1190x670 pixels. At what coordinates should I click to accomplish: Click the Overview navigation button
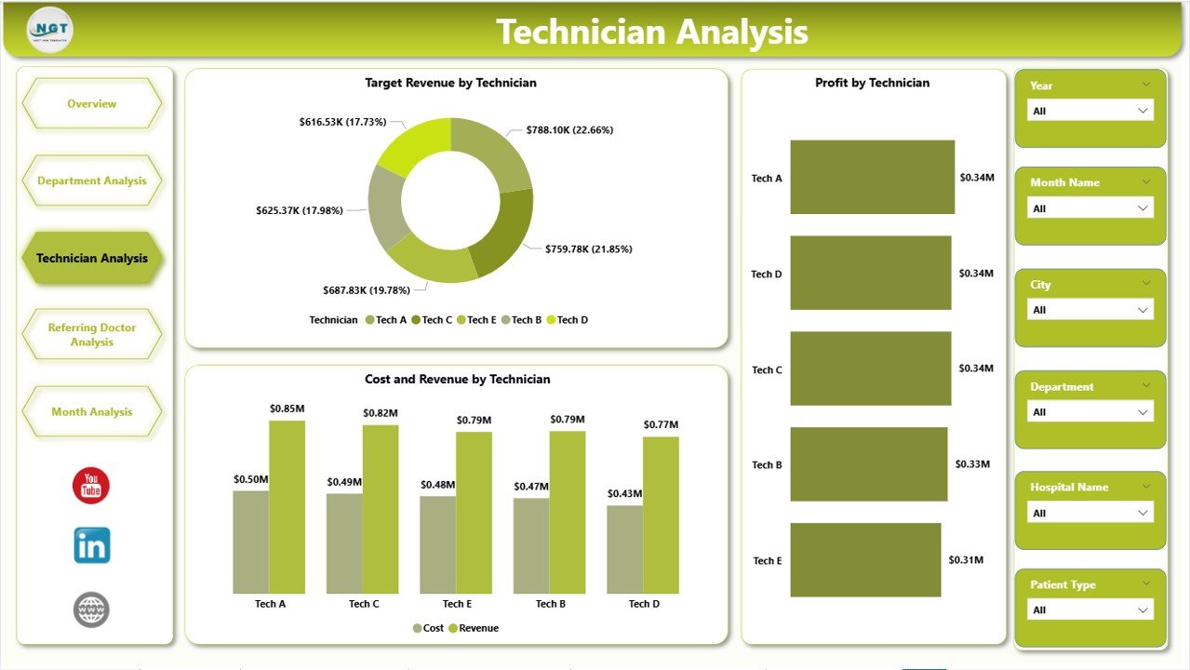(x=91, y=103)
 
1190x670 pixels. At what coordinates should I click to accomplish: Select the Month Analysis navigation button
(x=91, y=411)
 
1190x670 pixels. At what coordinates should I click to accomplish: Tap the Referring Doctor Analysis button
(x=91, y=335)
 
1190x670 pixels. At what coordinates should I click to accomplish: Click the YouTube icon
(x=91, y=486)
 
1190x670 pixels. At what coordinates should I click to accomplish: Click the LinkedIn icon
(x=91, y=545)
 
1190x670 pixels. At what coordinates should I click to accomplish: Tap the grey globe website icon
(x=91, y=610)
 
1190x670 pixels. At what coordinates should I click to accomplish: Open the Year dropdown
(x=1090, y=111)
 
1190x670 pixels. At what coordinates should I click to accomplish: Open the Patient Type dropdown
(x=1090, y=610)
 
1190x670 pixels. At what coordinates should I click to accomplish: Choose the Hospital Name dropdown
(x=1090, y=513)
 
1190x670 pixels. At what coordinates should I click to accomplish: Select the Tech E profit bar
(x=865, y=559)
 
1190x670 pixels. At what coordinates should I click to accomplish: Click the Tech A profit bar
(x=872, y=177)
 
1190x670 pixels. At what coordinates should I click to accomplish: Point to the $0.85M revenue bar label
(x=287, y=409)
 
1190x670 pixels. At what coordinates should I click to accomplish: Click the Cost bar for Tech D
(x=624, y=549)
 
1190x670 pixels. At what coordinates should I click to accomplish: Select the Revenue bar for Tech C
(x=381, y=509)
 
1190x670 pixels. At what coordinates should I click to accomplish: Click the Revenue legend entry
(x=474, y=628)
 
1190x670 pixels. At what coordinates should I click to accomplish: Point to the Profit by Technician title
(x=872, y=83)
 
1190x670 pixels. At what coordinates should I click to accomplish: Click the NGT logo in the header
(x=50, y=30)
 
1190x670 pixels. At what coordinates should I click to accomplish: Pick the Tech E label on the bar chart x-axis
(x=456, y=604)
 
